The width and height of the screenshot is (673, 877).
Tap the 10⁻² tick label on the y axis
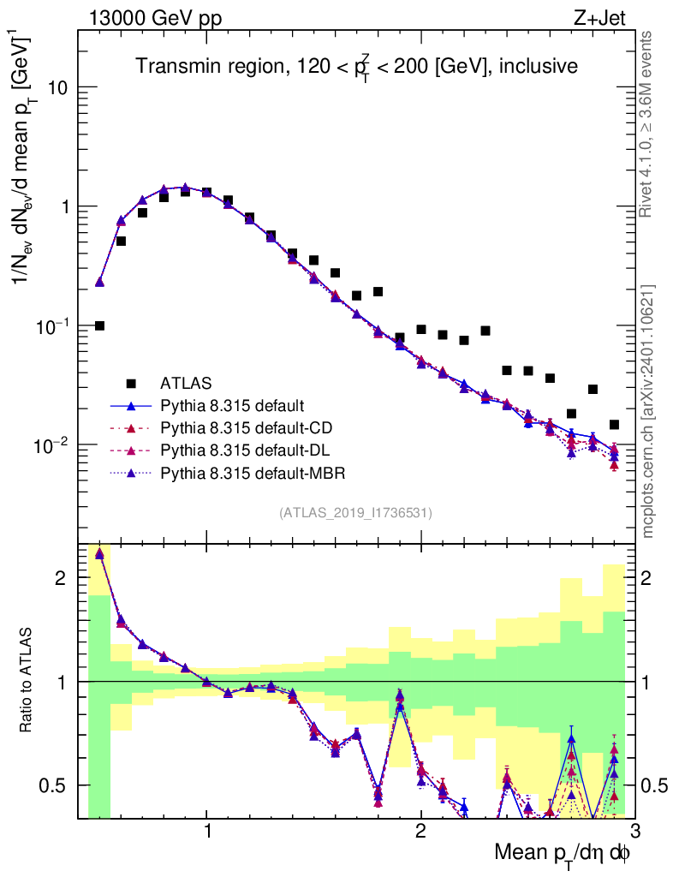click(51, 445)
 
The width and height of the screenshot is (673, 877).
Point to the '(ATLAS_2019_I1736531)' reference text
click(355, 513)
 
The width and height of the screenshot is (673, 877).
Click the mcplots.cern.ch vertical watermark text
click(649, 411)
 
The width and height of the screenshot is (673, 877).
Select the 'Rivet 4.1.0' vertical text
click(649, 124)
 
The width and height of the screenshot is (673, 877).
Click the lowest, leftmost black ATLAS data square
click(99, 325)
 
